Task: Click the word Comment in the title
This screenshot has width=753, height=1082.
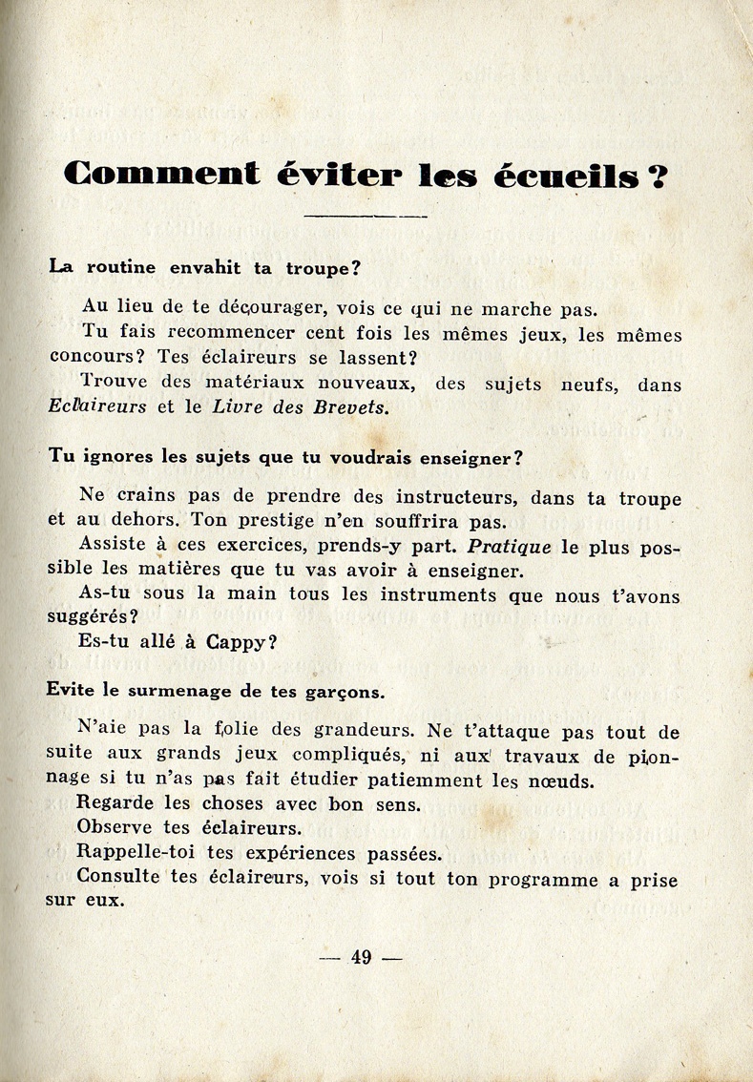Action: [x=161, y=175]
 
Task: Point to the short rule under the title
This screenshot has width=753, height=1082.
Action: [x=366, y=217]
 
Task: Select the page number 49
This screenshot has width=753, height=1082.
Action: [x=361, y=958]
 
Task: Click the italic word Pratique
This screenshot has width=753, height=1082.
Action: [x=510, y=548]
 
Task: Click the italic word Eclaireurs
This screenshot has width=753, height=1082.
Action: [x=98, y=406]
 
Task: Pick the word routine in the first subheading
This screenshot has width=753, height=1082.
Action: [x=123, y=268]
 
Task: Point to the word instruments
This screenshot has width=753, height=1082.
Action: [x=445, y=594]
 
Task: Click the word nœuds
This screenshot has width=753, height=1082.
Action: [x=563, y=780]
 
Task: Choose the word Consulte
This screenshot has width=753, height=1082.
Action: [x=118, y=878]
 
